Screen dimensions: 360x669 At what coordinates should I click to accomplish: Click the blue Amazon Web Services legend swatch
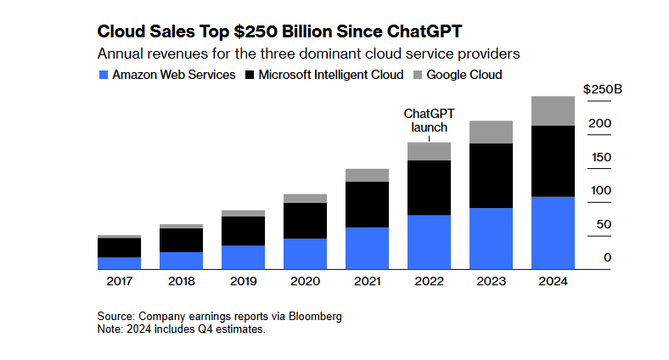[104, 75]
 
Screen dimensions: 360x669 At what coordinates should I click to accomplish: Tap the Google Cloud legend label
[464, 75]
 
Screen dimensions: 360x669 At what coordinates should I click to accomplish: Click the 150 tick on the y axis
[601, 157]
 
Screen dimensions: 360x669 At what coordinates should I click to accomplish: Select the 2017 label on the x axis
[120, 281]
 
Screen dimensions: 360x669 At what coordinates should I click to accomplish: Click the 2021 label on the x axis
[367, 281]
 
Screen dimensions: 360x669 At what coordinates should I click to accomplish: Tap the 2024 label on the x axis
[552, 281]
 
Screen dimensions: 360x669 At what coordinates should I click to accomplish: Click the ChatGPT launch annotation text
[429, 120]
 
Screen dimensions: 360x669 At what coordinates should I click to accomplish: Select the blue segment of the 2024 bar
[552, 233]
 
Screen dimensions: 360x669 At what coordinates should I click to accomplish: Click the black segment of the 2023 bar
[491, 176]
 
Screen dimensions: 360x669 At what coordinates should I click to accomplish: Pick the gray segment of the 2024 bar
[552, 111]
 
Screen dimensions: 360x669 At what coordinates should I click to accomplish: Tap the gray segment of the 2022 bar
[429, 151]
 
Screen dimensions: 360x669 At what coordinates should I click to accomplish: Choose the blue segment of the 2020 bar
[305, 254]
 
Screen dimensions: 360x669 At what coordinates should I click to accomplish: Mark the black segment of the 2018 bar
[182, 240]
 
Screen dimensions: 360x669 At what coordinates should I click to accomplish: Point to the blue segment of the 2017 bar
[120, 263]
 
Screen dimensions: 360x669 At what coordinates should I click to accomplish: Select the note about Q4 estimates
[182, 329]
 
